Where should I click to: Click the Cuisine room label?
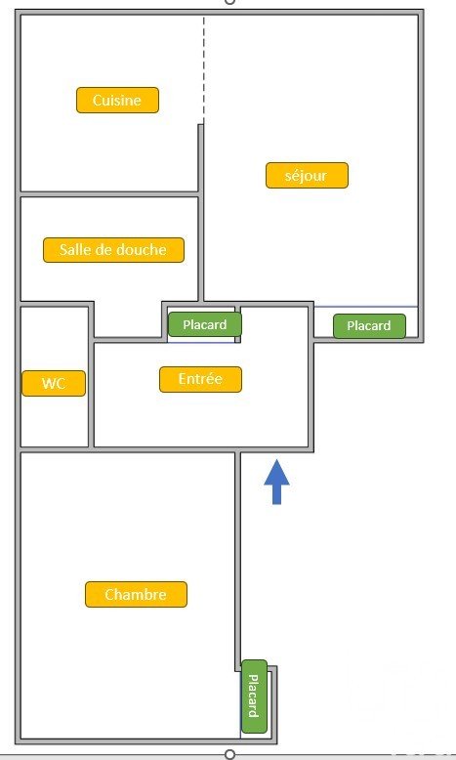tap(117, 101)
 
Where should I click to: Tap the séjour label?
tap(307, 176)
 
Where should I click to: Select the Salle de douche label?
tap(113, 250)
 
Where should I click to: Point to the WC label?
tap(54, 383)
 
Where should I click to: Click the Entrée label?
tap(200, 379)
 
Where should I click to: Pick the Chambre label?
tap(136, 594)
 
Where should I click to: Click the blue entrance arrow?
tap(276, 482)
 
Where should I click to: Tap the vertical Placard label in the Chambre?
tap(255, 697)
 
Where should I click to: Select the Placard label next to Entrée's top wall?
tap(204, 324)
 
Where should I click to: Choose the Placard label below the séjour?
tap(369, 325)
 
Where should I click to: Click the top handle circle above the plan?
tap(230, 2)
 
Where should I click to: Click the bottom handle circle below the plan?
tap(230, 754)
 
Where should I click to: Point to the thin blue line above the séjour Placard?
tap(366, 307)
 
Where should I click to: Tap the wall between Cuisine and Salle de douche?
tap(109, 193)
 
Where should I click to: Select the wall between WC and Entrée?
tap(91, 376)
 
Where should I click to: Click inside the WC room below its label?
tap(54, 421)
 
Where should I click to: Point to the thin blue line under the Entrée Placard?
tap(201, 343)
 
